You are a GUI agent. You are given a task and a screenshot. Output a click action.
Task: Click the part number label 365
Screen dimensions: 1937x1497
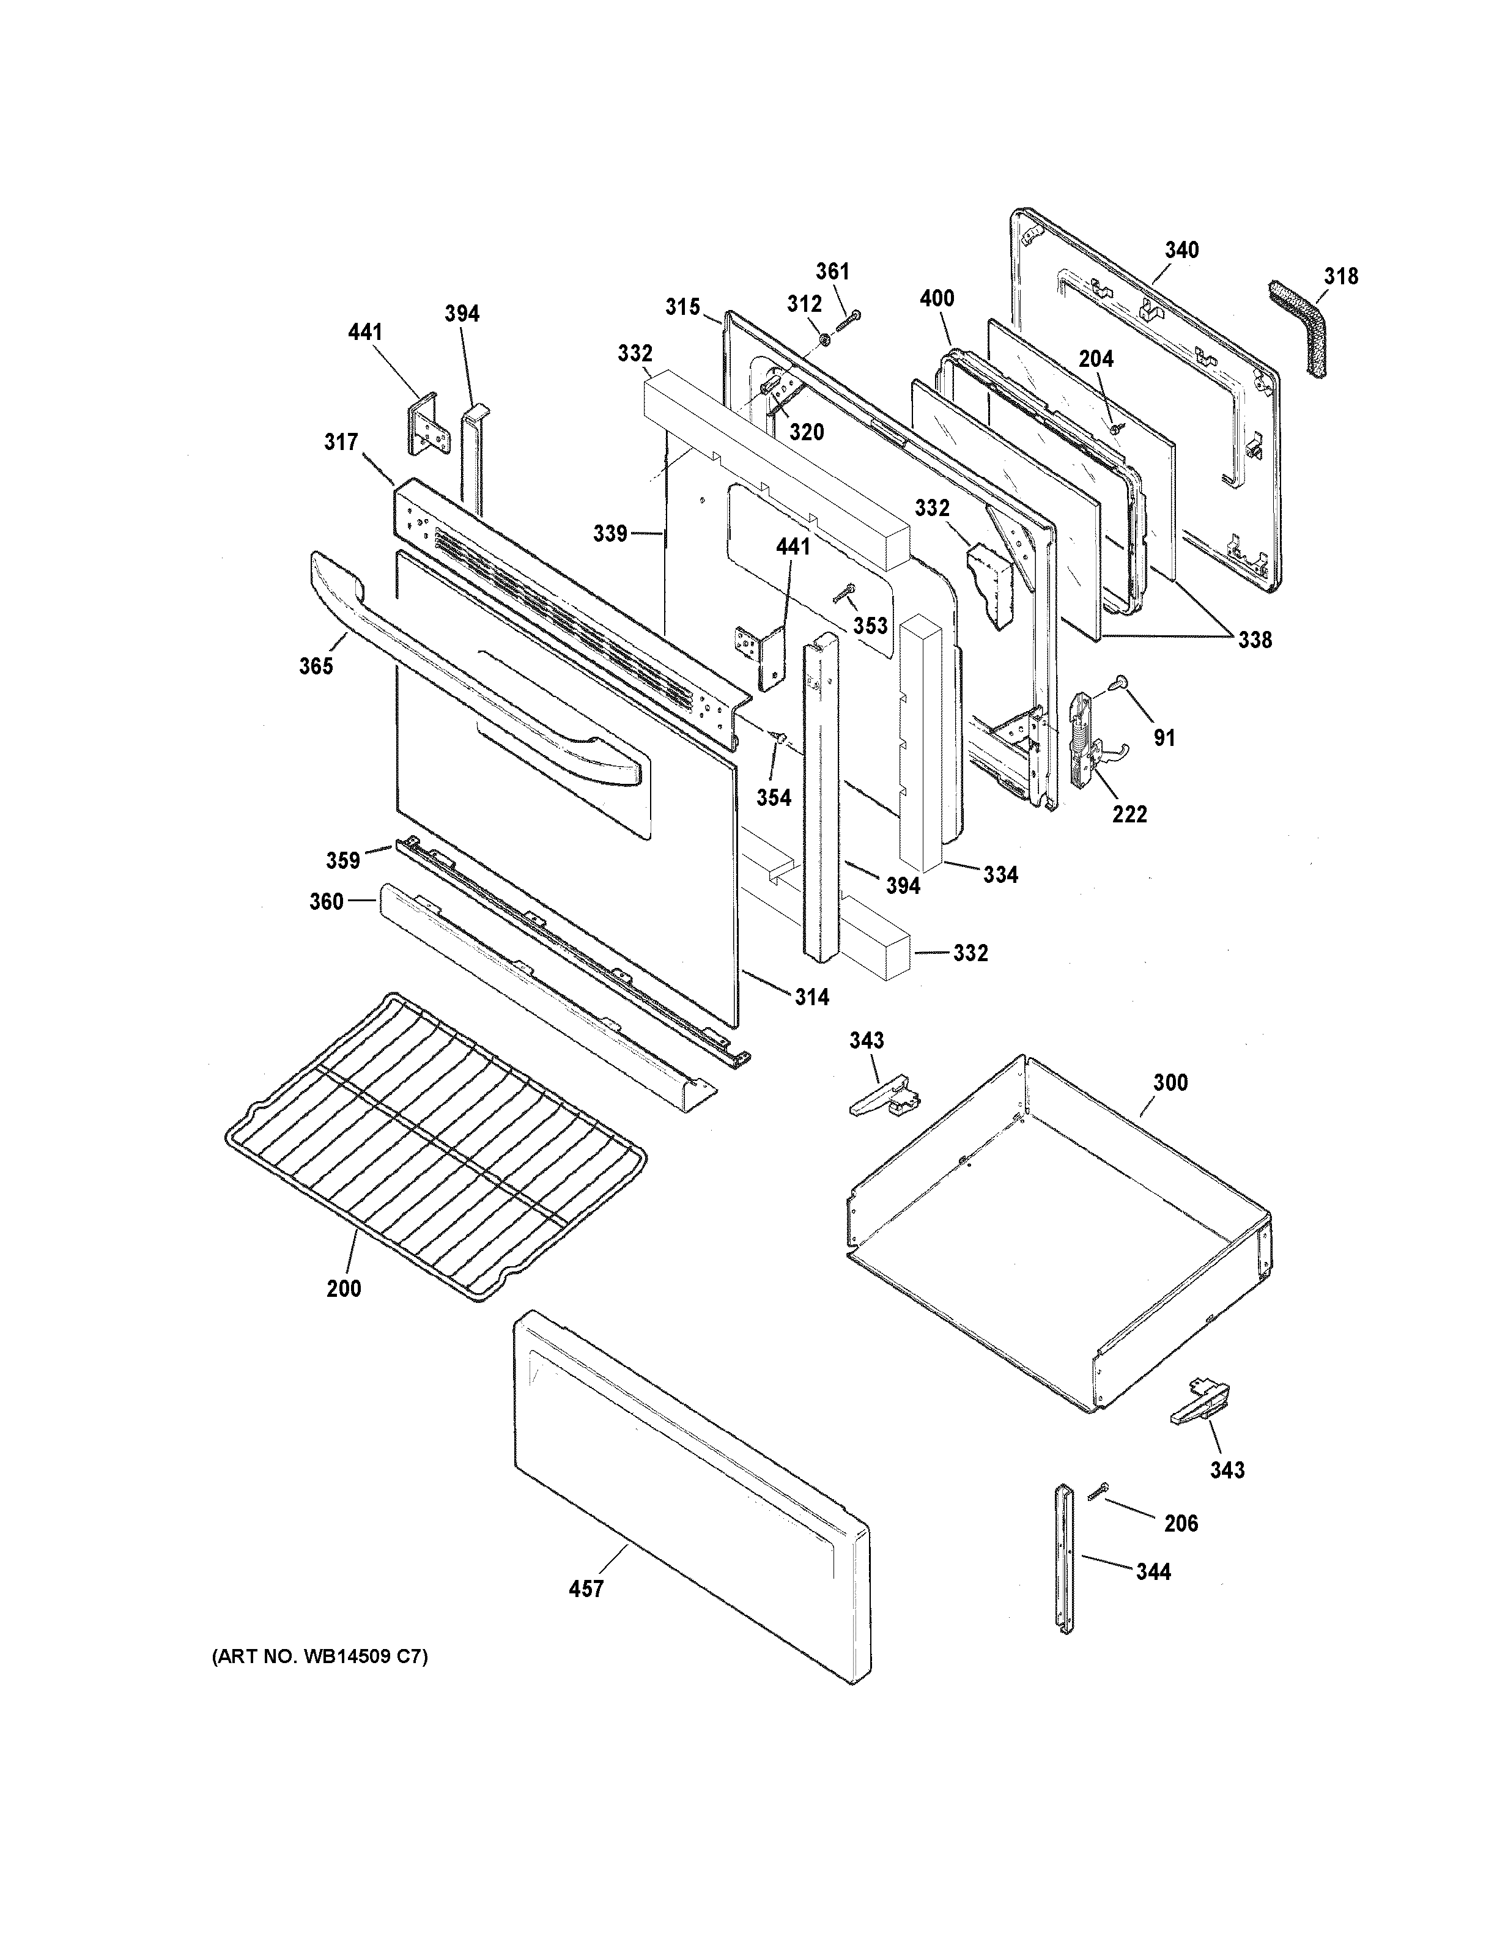[316, 665]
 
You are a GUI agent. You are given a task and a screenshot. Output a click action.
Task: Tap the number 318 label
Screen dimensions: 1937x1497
[1341, 277]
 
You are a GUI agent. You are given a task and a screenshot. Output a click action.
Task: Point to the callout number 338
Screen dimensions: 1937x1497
[1255, 640]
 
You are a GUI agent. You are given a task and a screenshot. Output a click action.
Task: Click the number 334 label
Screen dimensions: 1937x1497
[1000, 874]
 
